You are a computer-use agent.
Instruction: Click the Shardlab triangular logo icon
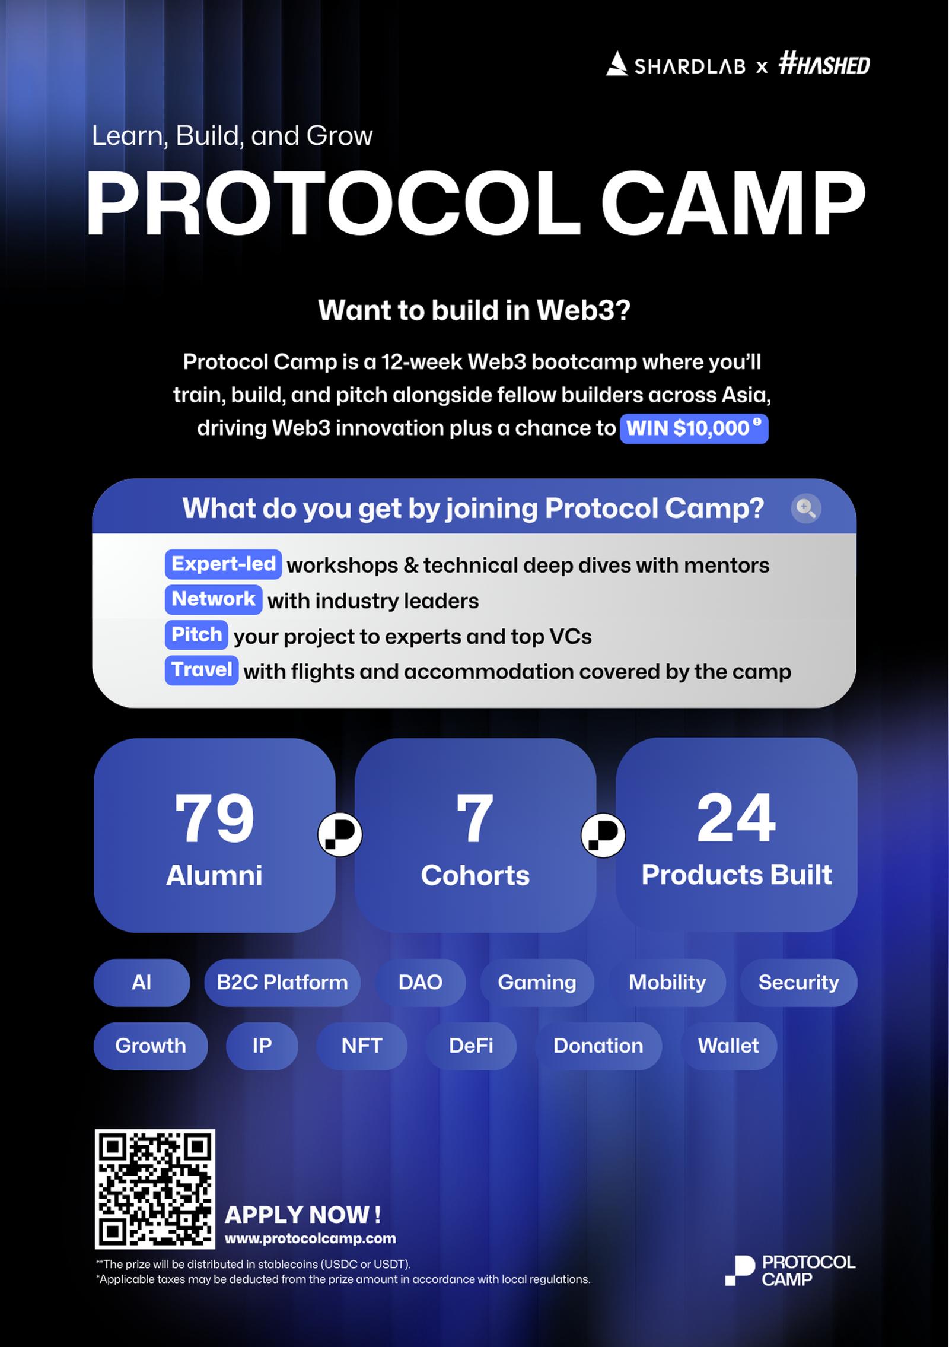click(617, 64)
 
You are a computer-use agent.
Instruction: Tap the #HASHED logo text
click(824, 63)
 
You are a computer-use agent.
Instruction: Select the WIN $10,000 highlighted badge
click(694, 428)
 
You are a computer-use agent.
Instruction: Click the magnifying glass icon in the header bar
click(806, 509)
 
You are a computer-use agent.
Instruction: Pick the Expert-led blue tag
click(223, 564)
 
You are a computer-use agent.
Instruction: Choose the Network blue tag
click(214, 599)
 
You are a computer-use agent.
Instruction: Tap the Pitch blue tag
click(196, 635)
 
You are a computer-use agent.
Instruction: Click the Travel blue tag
click(202, 670)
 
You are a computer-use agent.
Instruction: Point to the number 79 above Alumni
click(214, 818)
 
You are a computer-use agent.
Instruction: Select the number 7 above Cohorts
click(475, 818)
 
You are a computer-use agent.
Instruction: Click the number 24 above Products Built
click(736, 818)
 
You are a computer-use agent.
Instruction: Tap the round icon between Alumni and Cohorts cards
click(340, 835)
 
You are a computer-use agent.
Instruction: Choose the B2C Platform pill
click(282, 983)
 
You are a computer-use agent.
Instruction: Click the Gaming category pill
click(537, 983)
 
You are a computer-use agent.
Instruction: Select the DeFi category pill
click(471, 1046)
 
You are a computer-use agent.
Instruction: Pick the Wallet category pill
click(728, 1046)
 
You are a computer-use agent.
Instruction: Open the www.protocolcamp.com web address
click(310, 1239)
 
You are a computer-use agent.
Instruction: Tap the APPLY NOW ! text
click(302, 1215)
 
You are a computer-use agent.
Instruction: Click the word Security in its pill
click(798, 983)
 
